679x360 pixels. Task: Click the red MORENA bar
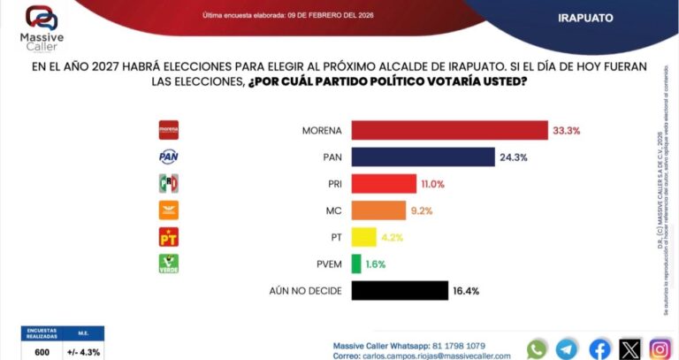pos(449,130)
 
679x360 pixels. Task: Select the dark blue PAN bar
pos(423,157)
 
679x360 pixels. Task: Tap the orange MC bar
pos(385,211)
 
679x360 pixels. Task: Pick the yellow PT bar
pos(364,237)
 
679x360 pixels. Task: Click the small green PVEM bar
pos(355,264)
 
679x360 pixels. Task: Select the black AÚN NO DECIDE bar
pos(400,290)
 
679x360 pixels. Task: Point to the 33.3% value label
pos(566,130)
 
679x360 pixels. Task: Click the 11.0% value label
pos(433,184)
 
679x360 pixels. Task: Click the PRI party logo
pos(168,183)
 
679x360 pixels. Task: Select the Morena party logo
pos(168,130)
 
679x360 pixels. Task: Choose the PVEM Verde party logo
pos(168,263)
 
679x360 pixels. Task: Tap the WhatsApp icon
pos(537,349)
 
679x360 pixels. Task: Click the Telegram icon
pos(568,349)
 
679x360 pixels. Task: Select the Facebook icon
pos(599,349)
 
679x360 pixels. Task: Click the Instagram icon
pos(660,349)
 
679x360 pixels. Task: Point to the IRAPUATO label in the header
pos(586,18)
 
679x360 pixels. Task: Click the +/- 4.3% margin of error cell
pos(84,351)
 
